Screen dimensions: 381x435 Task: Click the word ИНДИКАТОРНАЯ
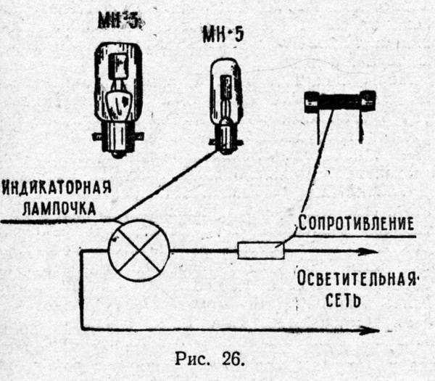57,189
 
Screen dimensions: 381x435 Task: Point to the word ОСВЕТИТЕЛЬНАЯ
357,279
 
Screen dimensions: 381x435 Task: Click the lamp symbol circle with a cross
138,251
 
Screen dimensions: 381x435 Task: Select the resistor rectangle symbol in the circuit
260,251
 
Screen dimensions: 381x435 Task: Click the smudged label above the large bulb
120,20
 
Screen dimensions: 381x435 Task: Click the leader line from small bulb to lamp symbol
170,185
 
